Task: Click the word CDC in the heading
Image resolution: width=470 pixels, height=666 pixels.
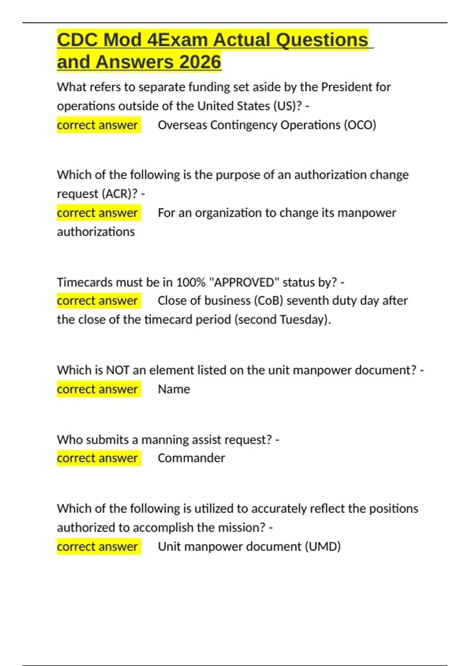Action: tap(77, 40)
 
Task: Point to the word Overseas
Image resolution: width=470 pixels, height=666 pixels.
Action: tap(182, 125)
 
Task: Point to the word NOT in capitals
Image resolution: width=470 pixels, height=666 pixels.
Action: tap(117, 370)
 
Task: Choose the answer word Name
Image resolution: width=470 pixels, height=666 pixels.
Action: tap(174, 389)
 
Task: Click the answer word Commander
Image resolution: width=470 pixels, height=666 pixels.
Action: tap(191, 458)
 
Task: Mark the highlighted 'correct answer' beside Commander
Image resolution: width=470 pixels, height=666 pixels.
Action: tap(98, 458)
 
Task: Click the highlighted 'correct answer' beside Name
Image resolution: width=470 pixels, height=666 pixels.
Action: tap(98, 389)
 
